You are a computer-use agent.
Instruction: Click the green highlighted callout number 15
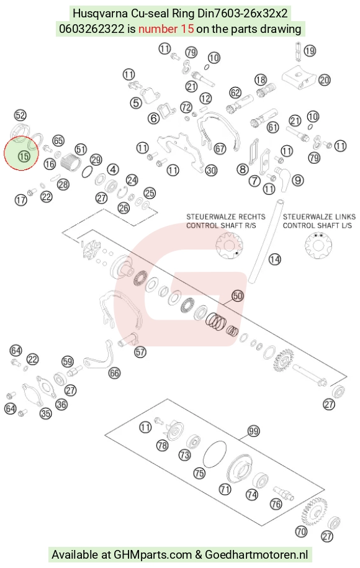click(x=24, y=156)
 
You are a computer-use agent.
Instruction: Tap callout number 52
click(x=20, y=115)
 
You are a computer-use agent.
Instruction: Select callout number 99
click(x=253, y=431)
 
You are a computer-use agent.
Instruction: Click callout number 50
click(x=238, y=296)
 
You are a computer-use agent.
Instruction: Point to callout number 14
click(x=274, y=259)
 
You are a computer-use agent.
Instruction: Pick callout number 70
click(x=301, y=532)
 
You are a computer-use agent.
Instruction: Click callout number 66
click(x=114, y=373)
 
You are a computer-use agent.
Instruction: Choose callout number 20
click(x=325, y=80)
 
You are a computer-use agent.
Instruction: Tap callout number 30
click(x=211, y=170)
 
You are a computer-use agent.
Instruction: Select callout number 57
click(x=140, y=352)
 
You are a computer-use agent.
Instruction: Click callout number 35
click(x=46, y=413)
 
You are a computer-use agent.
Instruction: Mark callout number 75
click(x=200, y=473)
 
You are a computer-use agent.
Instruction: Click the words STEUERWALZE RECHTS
click(x=226, y=217)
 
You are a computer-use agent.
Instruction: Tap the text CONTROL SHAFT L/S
click(x=317, y=226)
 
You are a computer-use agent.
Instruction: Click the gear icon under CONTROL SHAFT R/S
click(x=229, y=245)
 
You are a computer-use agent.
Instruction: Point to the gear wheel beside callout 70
click(x=314, y=511)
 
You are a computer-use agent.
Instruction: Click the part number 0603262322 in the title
click(x=92, y=29)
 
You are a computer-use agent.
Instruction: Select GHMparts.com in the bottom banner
click(x=153, y=554)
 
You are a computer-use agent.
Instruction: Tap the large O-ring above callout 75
click(x=215, y=454)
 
